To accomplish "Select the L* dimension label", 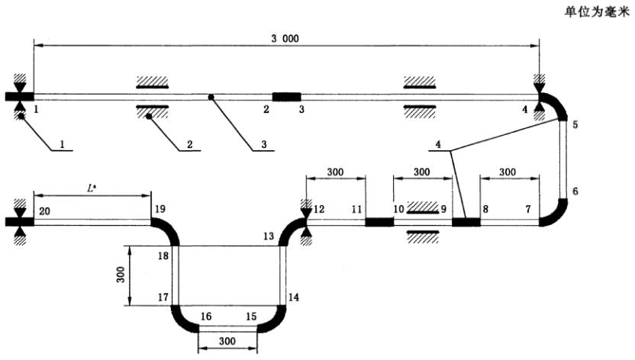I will [x=91, y=185].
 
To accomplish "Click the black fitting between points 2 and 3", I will [x=287, y=96].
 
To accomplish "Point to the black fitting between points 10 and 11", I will [x=379, y=222].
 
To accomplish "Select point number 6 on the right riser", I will [x=575, y=191].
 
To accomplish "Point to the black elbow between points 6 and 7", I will [x=555, y=214].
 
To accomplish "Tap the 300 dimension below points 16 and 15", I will [x=227, y=339].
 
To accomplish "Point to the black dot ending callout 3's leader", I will [x=211, y=96].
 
